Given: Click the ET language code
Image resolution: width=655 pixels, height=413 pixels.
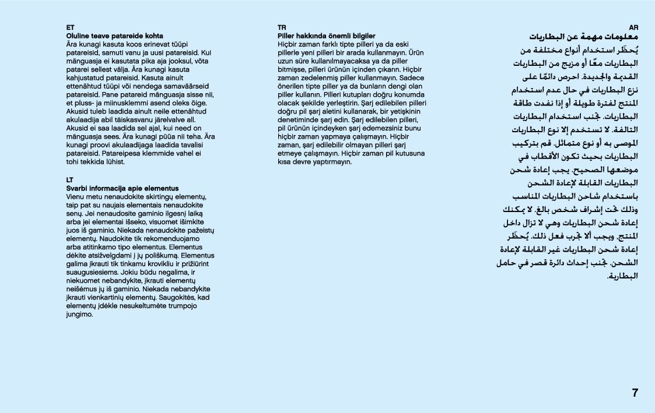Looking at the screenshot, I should (x=70, y=27).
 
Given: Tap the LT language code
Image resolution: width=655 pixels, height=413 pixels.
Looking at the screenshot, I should (x=70, y=180).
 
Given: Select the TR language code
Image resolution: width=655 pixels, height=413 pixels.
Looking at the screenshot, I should (x=282, y=27).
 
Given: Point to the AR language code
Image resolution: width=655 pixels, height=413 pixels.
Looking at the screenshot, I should (x=634, y=27).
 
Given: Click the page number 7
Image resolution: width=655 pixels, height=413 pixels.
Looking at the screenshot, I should (x=635, y=393).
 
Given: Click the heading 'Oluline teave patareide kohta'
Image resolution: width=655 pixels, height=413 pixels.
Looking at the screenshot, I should (x=114, y=36).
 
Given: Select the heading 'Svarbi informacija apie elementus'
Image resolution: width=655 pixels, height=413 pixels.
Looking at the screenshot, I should (x=122, y=189).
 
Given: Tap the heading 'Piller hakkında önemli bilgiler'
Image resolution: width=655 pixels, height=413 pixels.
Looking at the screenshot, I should (x=326, y=36).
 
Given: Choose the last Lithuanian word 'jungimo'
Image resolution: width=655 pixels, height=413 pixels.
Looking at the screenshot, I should (x=79, y=314).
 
